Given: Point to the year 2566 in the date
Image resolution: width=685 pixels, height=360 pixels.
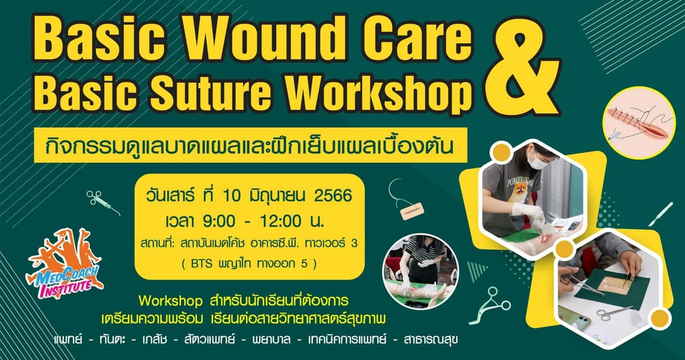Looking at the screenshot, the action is (x=333, y=196).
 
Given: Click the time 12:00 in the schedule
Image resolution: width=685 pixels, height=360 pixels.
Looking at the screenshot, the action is (x=281, y=221).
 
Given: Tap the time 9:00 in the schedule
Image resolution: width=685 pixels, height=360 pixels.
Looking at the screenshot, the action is (x=218, y=221).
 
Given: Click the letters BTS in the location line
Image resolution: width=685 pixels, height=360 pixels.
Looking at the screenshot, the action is (x=201, y=264).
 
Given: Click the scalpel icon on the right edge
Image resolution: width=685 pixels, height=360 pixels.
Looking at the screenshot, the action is (x=661, y=214).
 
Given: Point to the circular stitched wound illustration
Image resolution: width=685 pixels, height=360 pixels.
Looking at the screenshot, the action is (x=639, y=126).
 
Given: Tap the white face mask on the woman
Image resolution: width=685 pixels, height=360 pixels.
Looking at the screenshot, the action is (x=541, y=160).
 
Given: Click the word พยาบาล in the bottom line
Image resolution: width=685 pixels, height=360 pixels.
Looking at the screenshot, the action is (x=271, y=339).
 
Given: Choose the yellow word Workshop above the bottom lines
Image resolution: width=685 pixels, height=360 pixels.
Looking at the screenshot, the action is (x=171, y=301).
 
